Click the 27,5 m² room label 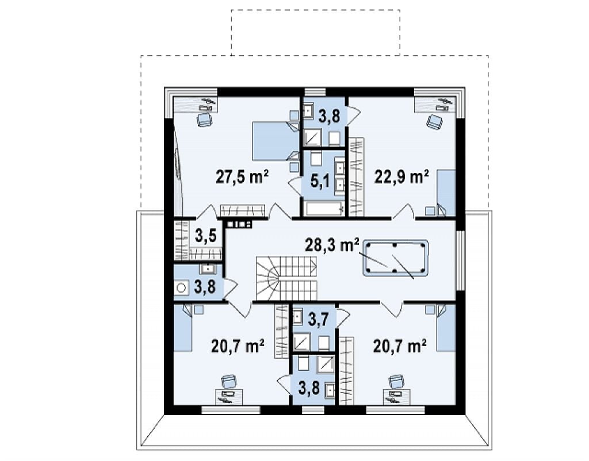242,176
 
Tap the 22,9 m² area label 401,176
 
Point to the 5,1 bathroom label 320,182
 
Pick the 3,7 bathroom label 319,320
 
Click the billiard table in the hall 396,259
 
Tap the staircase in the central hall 286,278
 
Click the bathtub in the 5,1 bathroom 324,209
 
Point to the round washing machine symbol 182,288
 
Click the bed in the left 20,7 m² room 183,327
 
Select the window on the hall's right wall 461,260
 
